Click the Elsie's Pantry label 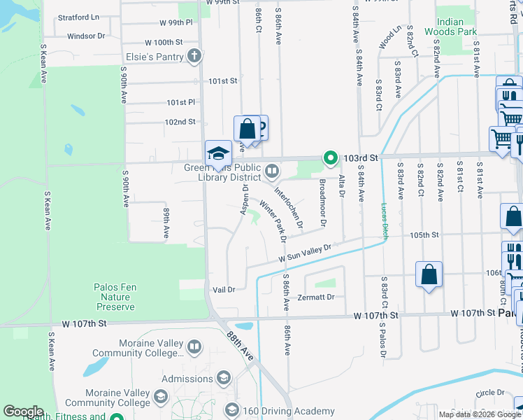[x=152, y=57]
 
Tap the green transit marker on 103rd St [x=329, y=159]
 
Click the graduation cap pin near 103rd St [x=218, y=153]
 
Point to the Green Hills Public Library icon [x=271, y=169]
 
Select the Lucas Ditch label [x=384, y=221]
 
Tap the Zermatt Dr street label [x=316, y=297]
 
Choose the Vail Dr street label [x=224, y=289]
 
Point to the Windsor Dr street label [x=86, y=35]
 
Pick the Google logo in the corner [x=24, y=412]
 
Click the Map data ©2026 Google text [x=480, y=414]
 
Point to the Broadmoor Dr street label [x=322, y=203]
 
